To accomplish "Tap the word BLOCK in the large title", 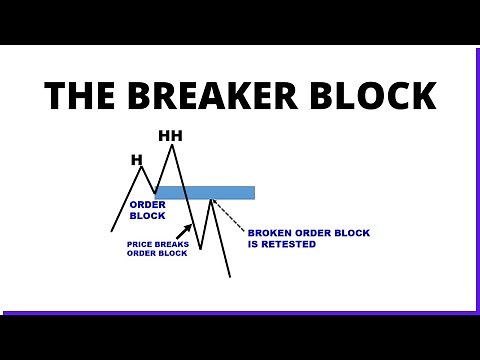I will point(375,96).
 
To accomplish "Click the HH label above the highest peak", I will point(171,135).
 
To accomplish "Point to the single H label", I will point(137,159).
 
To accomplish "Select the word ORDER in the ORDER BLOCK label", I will point(147,205).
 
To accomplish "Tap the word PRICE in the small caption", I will point(140,244).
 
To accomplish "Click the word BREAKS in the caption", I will point(171,244).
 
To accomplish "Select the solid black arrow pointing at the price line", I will point(184,231).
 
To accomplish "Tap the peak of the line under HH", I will point(172,146).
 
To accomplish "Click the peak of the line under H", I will point(141,167).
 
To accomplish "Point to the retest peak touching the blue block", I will point(211,200).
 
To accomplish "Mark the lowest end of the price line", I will point(230,277).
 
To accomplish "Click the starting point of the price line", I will point(112,231).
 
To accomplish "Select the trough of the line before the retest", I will point(201,248).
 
